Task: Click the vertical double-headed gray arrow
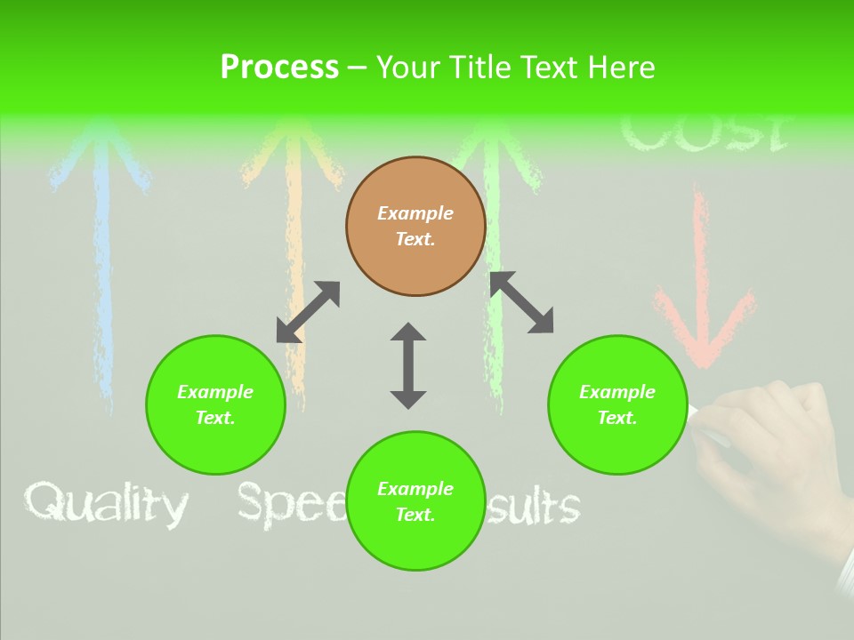(x=408, y=365)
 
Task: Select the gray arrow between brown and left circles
(x=308, y=312)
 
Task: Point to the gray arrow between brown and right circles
(x=521, y=302)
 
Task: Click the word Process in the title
(x=279, y=68)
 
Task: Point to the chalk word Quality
(x=106, y=505)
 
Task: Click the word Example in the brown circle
(x=415, y=213)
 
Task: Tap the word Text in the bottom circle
(x=415, y=515)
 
